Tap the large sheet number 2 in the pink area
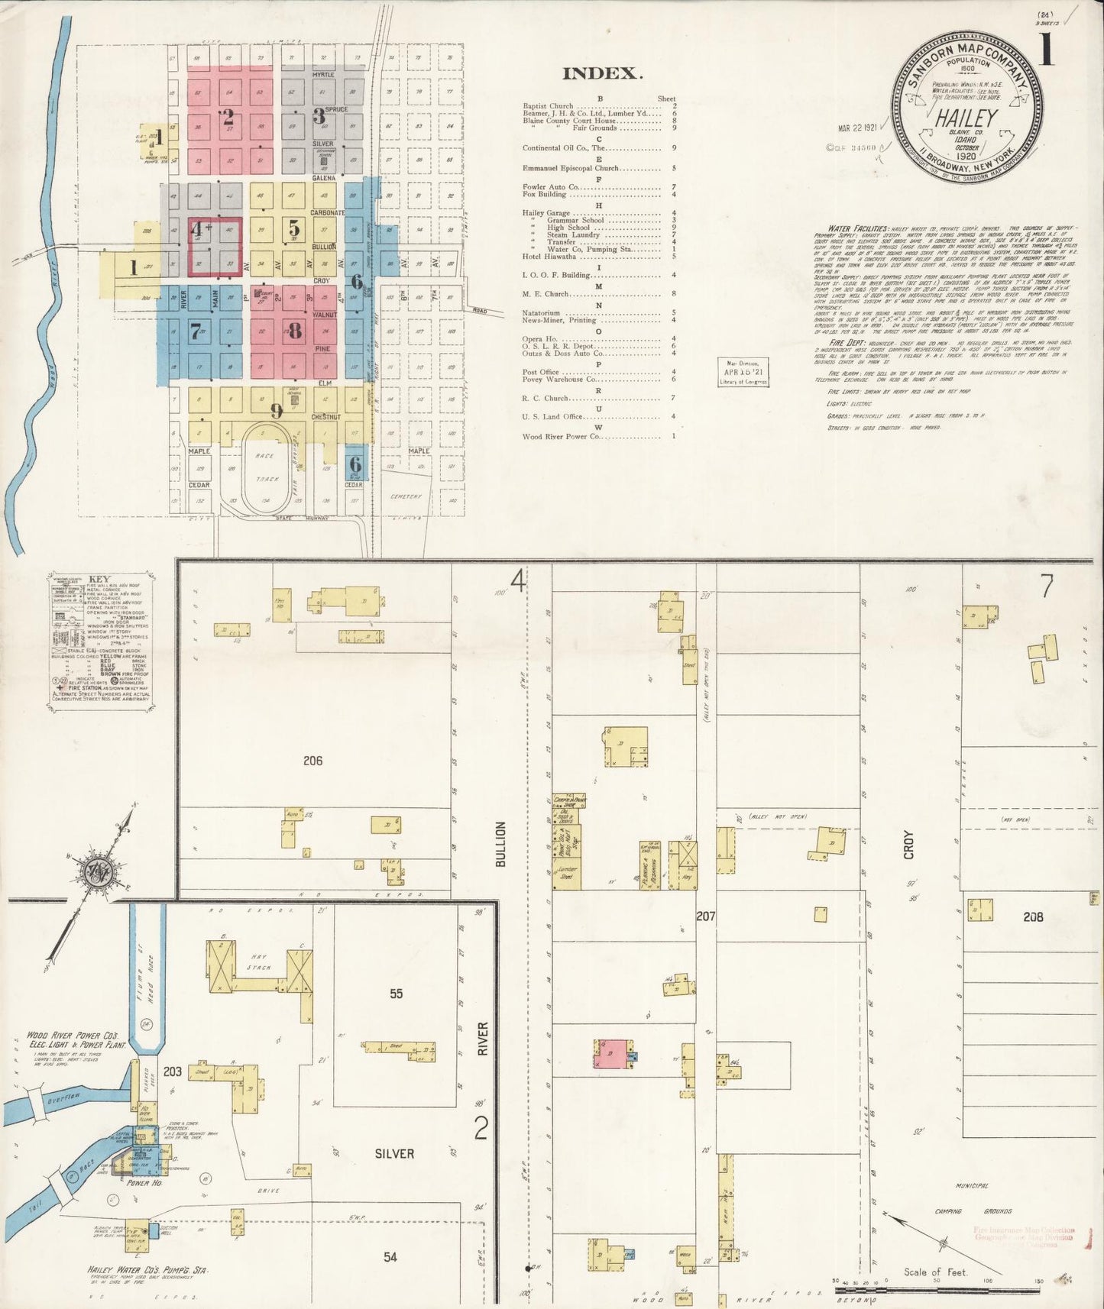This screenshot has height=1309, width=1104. [x=228, y=118]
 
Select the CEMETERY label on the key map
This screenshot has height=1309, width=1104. [x=406, y=496]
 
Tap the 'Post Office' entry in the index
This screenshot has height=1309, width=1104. [x=540, y=372]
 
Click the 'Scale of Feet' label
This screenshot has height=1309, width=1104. [x=935, y=1272]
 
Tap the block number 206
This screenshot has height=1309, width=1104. [x=312, y=761]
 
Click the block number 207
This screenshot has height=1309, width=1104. [x=705, y=915]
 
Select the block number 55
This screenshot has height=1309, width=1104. [x=396, y=994]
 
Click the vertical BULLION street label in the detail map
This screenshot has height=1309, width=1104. [x=501, y=844]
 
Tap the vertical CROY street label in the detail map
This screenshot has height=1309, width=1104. [x=908, y=845]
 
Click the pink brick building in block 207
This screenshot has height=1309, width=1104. [x=612, y=1054]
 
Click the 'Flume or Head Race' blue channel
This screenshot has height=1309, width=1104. [x=147, y=970]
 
